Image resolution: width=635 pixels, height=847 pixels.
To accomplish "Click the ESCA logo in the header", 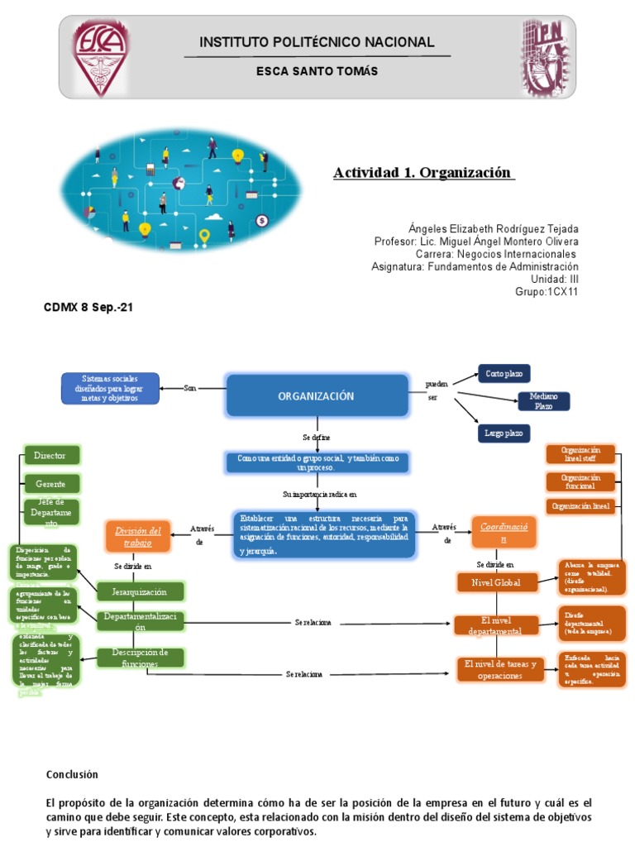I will (100, 57).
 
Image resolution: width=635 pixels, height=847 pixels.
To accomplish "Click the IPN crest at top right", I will (544, 57).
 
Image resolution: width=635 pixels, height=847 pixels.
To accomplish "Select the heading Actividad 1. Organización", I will (423, 173).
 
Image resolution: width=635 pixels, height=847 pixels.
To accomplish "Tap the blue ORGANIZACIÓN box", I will (317, 396).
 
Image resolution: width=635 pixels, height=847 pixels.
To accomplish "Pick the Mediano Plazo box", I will (543, 401).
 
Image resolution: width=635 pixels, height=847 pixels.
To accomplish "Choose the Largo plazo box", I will (504, 433).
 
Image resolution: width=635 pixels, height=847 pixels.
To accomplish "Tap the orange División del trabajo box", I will (137, 535).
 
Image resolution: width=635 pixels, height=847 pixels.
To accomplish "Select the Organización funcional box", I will (580, 482).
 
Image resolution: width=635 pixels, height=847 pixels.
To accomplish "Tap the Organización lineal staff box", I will (580, 454).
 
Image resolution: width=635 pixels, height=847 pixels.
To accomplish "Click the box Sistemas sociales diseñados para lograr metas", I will (111, 388).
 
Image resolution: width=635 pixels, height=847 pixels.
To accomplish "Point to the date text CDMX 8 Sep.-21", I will (88, 308).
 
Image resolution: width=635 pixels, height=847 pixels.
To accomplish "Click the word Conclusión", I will (72, 774).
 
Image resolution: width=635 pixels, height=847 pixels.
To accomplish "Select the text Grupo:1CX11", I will (547, 292).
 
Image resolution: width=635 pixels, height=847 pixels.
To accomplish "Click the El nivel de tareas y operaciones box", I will (500, 669).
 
